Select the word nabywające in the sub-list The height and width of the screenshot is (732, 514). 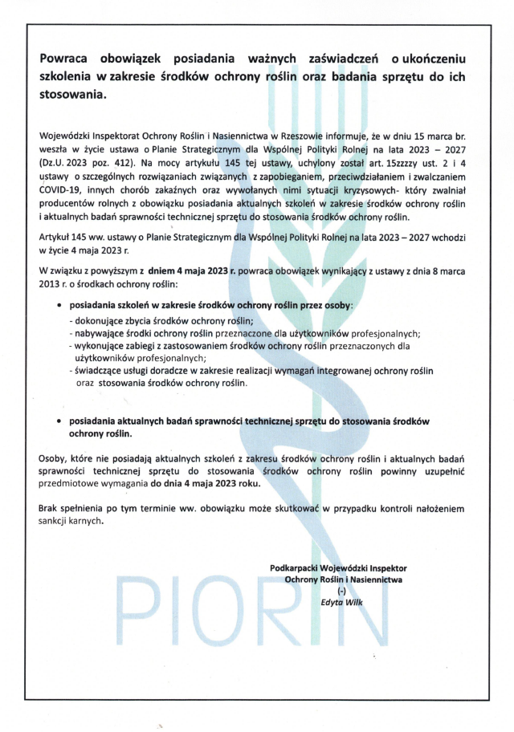pos(101,333)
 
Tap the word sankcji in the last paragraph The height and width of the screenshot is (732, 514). pos(55,521)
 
